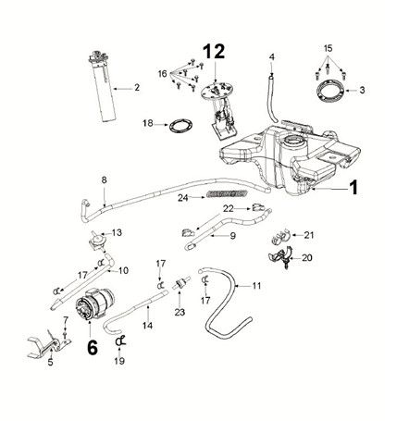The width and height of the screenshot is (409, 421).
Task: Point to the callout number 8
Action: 104,178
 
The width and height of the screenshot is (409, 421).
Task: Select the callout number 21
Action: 310,235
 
